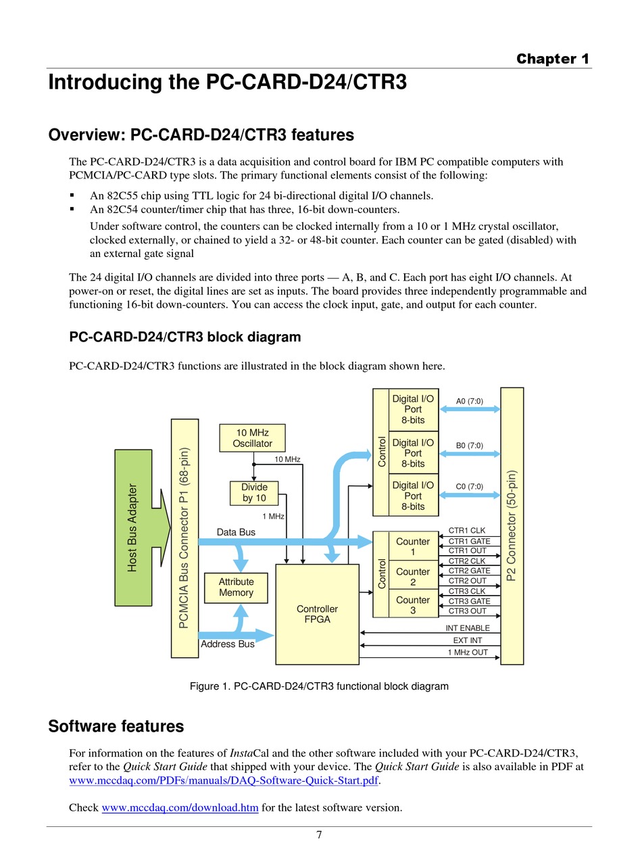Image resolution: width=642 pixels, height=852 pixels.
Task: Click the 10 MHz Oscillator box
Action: click(252, 438)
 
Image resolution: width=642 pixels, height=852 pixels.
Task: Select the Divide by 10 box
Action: click(254, 492)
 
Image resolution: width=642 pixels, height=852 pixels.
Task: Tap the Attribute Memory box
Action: click(236, 588)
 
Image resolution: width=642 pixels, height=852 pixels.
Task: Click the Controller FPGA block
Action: click(317, 614)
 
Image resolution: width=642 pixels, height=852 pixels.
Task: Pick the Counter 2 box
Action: click(413, 577)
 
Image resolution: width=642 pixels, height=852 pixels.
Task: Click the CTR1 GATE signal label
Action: click(469, 541)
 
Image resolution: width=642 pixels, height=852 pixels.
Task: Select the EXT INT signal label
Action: click(468, 640)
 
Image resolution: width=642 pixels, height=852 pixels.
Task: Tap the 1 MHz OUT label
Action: click(468, 652)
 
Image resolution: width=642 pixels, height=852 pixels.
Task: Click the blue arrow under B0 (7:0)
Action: click(470, 454)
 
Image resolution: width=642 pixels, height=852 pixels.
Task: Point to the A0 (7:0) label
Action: click(470, 401)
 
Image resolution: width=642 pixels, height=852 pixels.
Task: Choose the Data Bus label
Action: click(236, 532)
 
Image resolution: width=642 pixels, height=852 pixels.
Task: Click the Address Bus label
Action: click(227, 644)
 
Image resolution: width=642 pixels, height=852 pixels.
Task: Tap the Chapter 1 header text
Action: click(552, 59)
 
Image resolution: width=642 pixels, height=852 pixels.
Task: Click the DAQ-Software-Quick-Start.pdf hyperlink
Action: click(224, 780)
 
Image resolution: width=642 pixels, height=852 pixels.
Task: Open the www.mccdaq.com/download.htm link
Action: click(180, 807)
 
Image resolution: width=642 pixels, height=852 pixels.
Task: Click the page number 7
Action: click(319, 834)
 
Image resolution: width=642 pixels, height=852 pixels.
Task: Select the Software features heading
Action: click(116, 726)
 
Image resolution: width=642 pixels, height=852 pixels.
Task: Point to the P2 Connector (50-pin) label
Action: click(512, 525)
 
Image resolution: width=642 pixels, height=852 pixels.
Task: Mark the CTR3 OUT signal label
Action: click(468, 611)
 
